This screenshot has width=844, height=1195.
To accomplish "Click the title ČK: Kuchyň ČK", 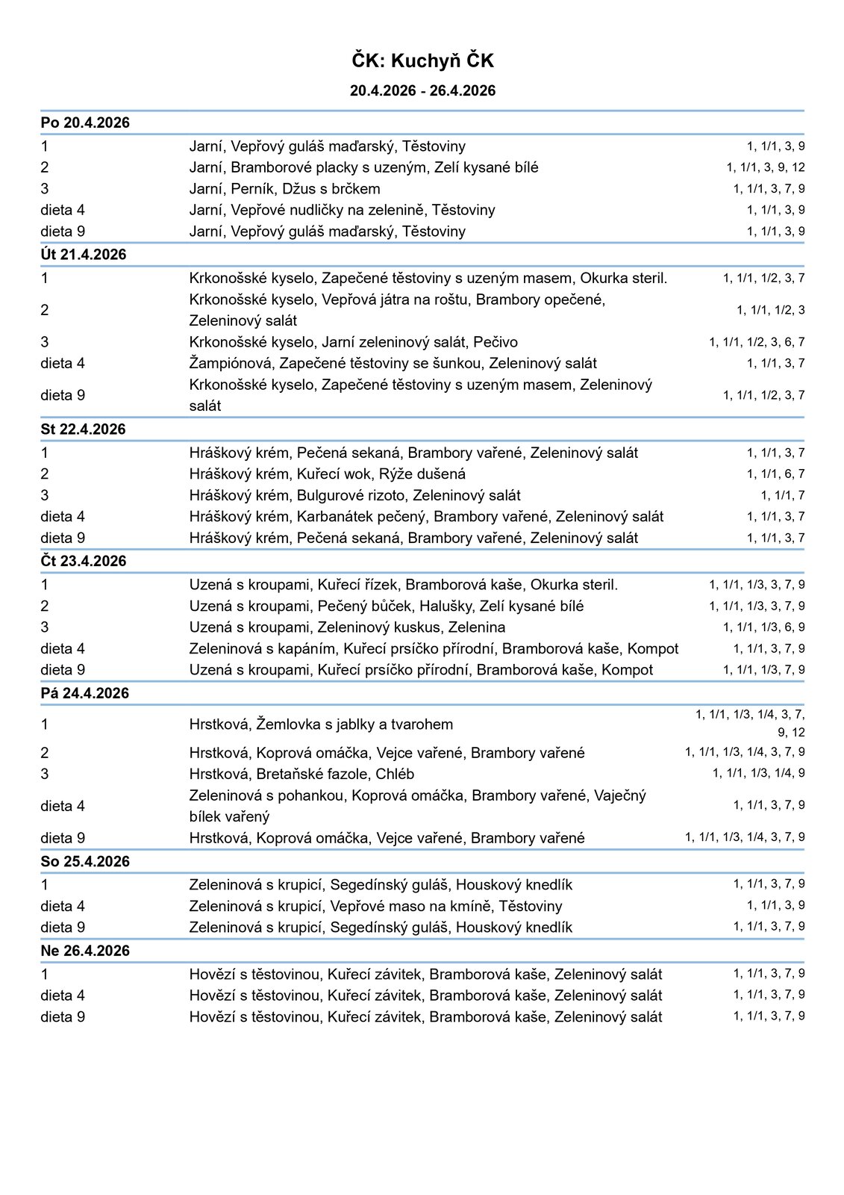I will (x=422, y=60).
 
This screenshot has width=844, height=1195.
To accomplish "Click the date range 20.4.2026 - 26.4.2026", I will (x=422, y=91).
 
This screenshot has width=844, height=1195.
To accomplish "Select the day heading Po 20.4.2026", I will (x=85, y=123).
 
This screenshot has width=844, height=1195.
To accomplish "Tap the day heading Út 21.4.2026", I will (x=84, y=255).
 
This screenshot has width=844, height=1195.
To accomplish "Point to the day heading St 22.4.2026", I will (x=84, y=429).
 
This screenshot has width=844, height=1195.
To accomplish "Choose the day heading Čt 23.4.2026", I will (x=84, y=562).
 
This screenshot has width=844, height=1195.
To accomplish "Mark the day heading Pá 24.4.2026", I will (x=84, y=693).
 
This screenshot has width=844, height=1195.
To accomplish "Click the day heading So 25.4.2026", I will (x=85, y=862).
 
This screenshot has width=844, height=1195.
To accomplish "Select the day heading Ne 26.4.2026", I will (x=85, y=951).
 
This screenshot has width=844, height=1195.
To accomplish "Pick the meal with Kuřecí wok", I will (x=327, y=474).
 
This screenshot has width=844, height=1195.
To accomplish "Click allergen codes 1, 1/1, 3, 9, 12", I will (x=766, y=167).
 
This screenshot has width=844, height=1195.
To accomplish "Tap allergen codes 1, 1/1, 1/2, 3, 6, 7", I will (x=757, y=342).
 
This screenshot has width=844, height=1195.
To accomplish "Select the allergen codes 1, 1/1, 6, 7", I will (x=776, y=474).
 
